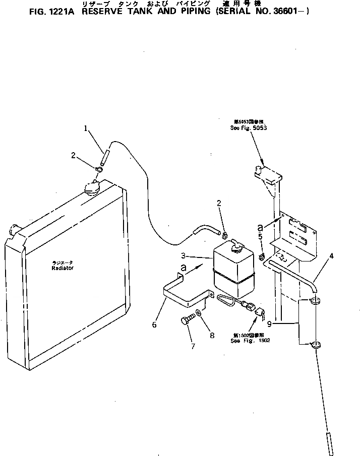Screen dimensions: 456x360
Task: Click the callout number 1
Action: (x=87, y=129)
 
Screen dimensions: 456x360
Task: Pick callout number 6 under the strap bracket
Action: (x=154, y=325)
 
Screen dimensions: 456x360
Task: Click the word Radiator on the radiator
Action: (x=63, y=268)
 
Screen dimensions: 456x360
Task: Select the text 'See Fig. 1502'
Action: (x=251, y=341)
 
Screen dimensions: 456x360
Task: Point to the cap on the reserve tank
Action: (x=236, y=247)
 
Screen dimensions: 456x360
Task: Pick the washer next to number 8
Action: (x=200, y=313)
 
